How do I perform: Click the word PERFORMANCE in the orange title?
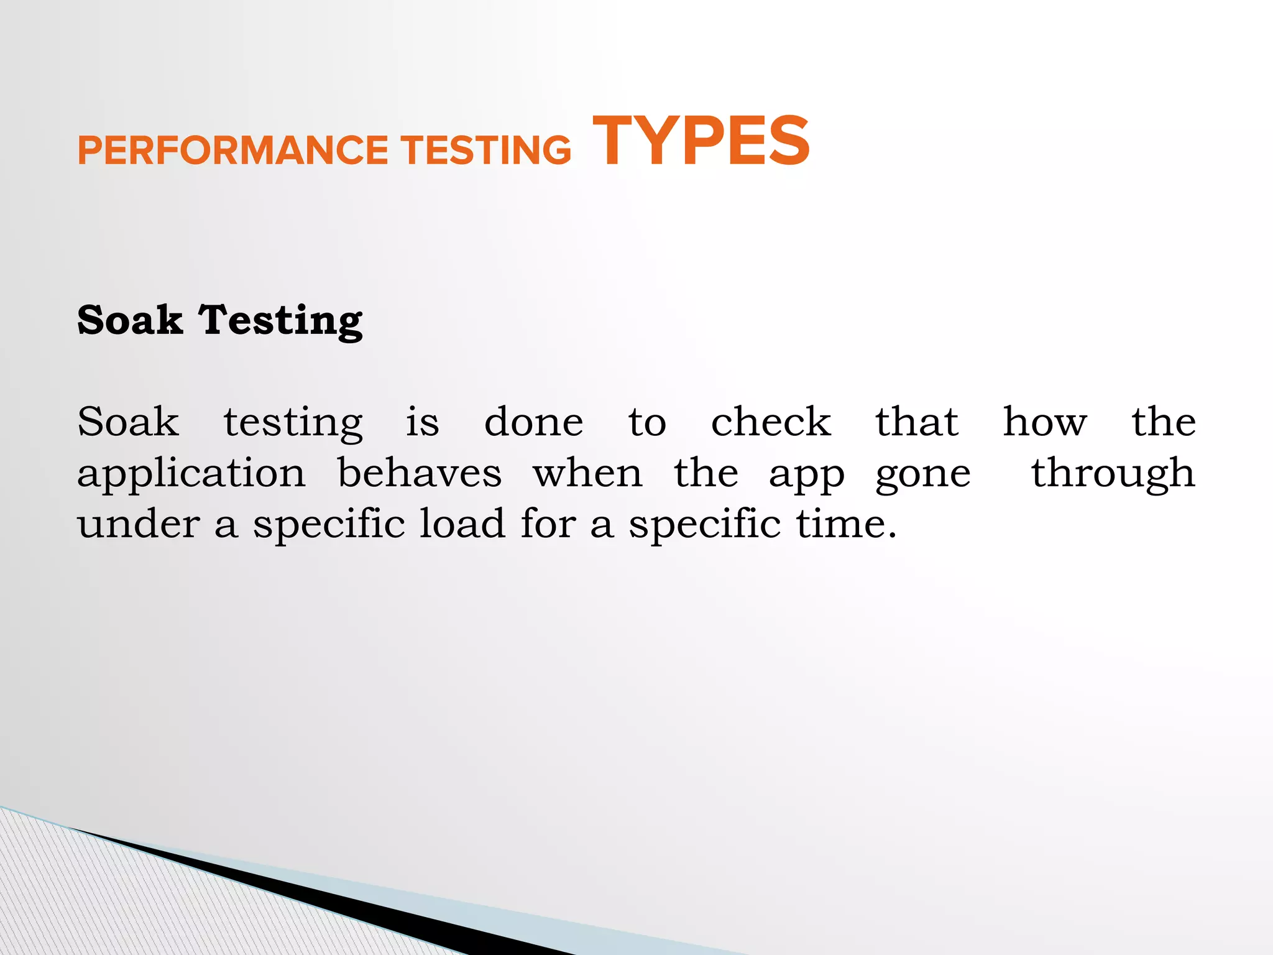[x=232, y=151]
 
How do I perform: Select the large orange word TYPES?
[x=701, y=142]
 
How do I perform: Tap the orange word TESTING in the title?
[x=485, y=151]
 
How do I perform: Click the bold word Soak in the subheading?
[x=130, y=320]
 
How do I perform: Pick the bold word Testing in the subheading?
[x=281, y=321]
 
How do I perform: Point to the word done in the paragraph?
[x=534, y=422]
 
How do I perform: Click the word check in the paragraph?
[x=771, y=422]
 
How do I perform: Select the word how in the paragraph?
[x=1045, y=422]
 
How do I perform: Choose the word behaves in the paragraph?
[x=420, y=473]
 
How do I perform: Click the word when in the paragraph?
[x=587, y=473]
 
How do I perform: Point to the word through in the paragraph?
[x=1113, y=474]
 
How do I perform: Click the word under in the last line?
[x=139, y=524]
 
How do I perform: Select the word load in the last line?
[x=462, y=524]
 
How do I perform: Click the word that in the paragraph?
[x=917, y=422]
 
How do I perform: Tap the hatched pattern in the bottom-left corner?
[x=93, y=902]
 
